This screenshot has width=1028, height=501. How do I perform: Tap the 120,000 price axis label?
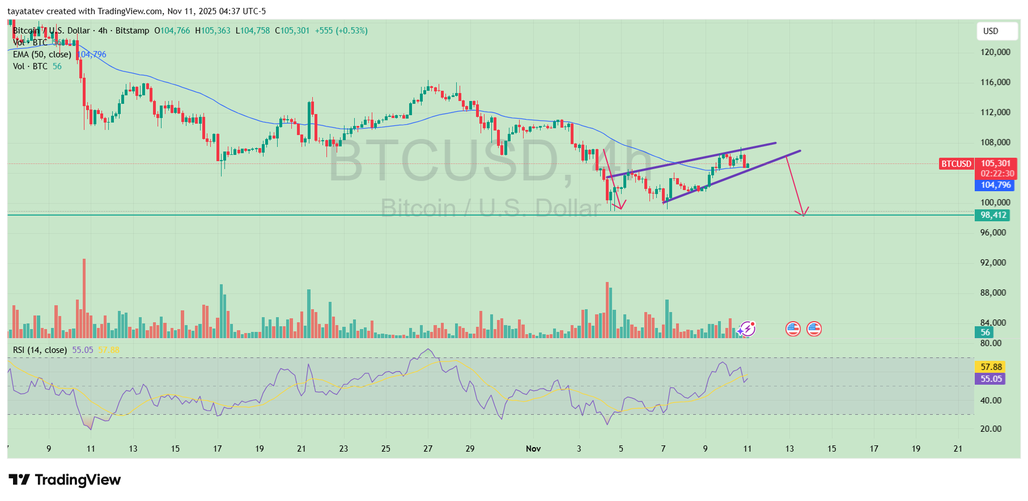[x=995, y=52]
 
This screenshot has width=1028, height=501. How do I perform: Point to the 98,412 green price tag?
[x=993, y=215]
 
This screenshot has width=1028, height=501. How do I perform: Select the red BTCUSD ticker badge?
[x=957, y=164]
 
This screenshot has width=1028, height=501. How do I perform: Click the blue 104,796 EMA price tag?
[x=996, y=185]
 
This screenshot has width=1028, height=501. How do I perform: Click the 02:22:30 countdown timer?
[x=997, y=174]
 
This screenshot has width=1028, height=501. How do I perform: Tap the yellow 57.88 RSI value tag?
[x=991, y=367]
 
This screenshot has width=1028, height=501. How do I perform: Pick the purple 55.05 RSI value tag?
[x=991, y=379]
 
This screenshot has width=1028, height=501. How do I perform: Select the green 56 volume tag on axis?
[x=985, y=332]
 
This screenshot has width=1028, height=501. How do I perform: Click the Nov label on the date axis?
[x=533, y=449]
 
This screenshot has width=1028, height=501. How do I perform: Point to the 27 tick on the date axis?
[x=428, y=449]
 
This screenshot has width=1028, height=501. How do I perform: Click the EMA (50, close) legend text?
[x=42, y=54]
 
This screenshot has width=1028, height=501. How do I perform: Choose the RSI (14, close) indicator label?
[x=40, y=350]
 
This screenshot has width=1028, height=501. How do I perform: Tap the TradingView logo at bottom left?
[x=65, y=480]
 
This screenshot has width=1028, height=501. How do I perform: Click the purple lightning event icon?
[x=747, y=329]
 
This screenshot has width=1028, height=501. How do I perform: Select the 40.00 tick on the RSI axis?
[x=991, y=401]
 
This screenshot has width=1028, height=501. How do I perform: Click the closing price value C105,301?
[x=292, y=31]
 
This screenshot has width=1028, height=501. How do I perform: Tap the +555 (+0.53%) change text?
[x=341, y=31]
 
